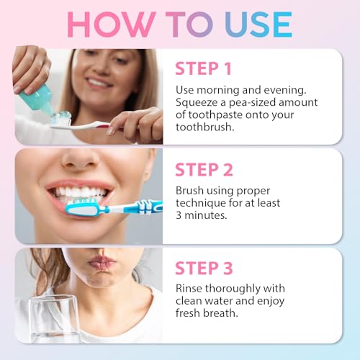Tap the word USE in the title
point(256,24)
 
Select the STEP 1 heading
point(204,68)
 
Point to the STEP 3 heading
point(204,269)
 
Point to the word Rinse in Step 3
point(190,289)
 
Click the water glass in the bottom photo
point(55,318)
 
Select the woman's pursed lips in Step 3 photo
point(100,264)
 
